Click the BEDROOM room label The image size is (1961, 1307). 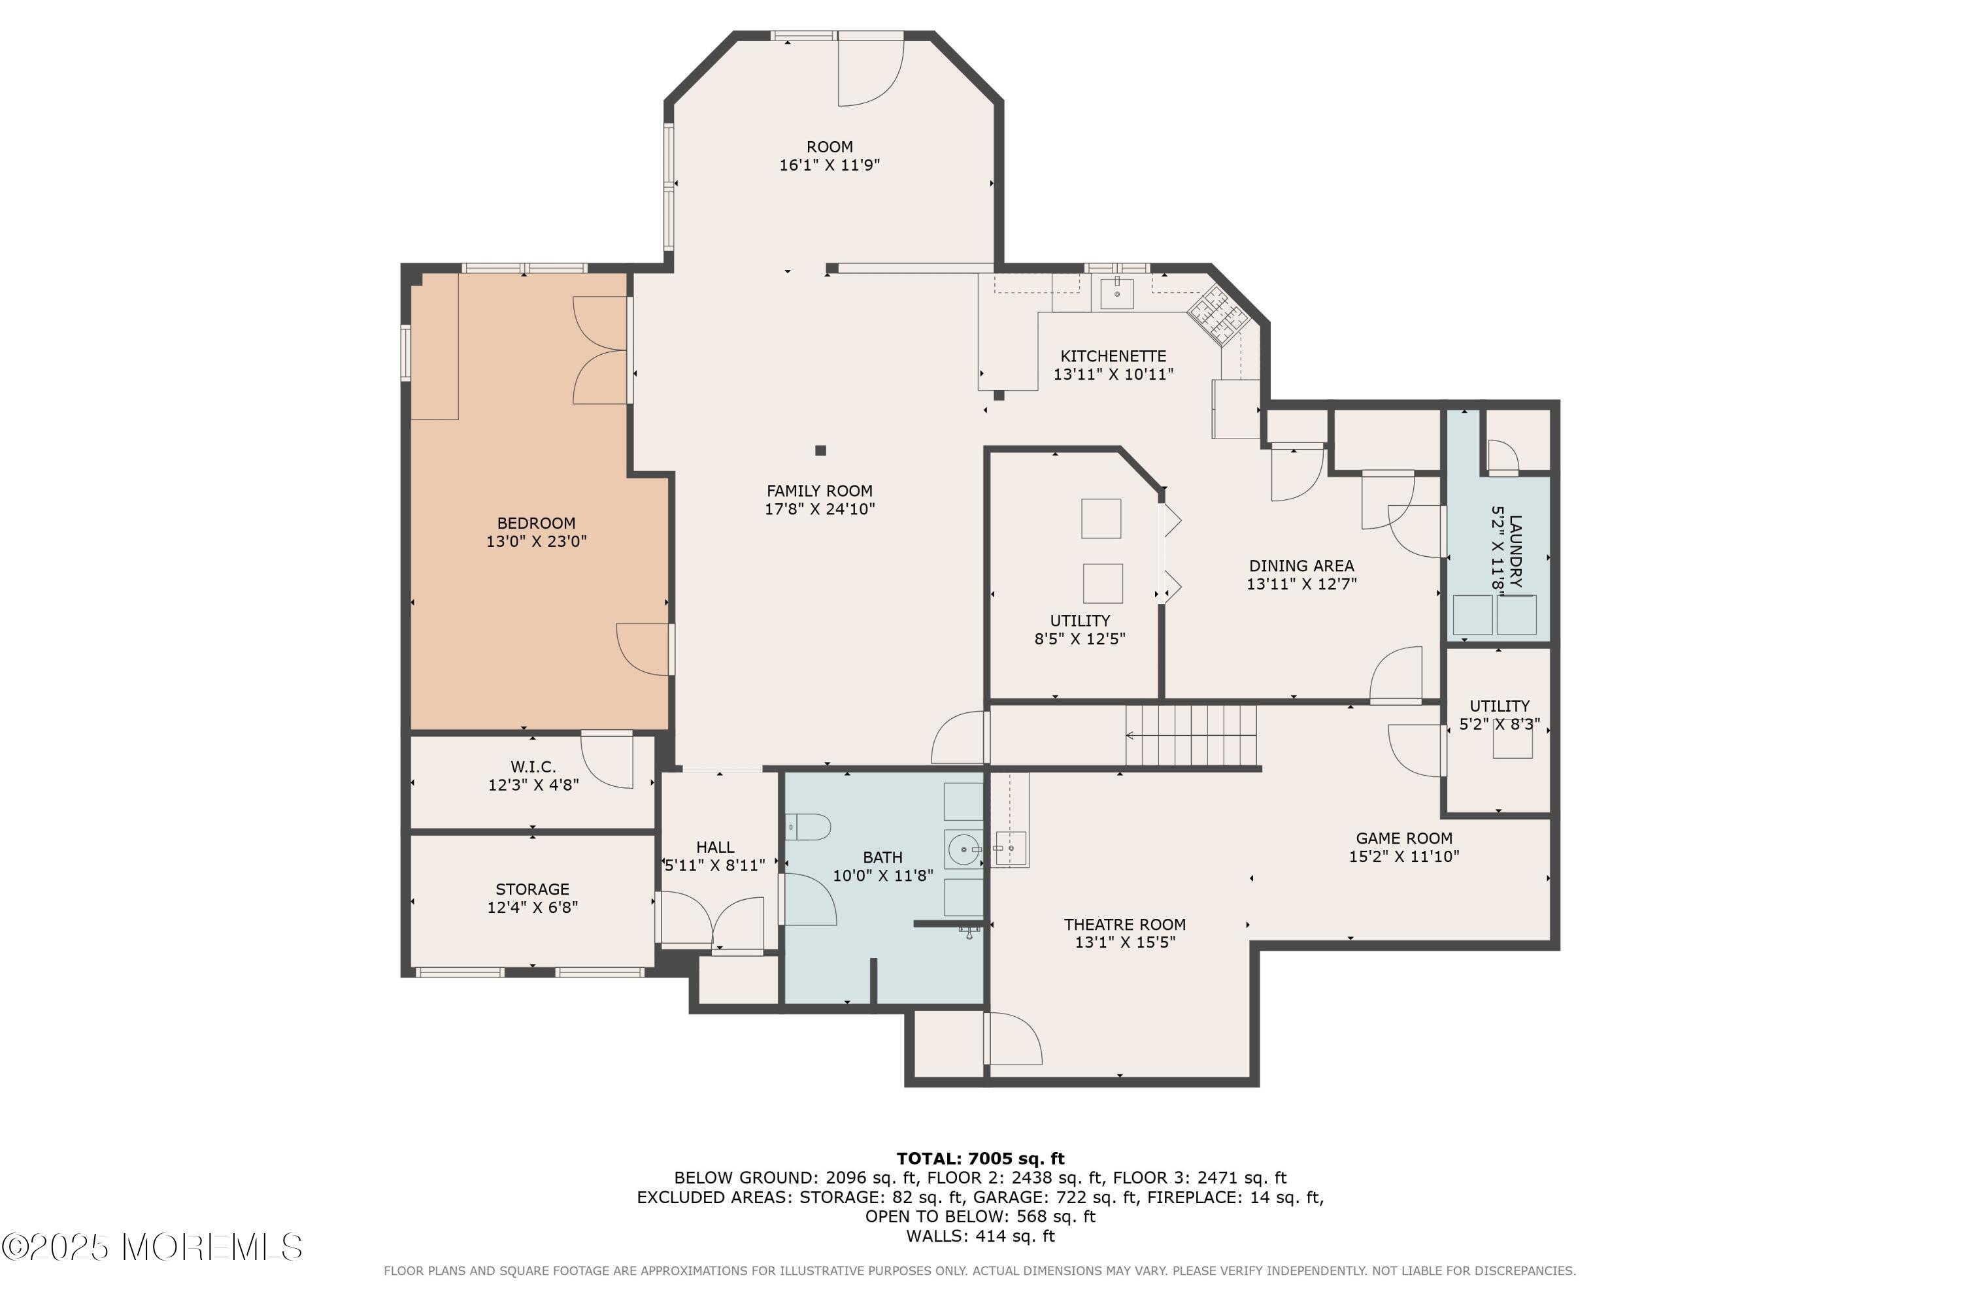pos(536,523)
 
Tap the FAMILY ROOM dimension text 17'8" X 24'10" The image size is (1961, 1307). pos(819,509)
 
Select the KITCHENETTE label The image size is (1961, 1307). pos(1113,356)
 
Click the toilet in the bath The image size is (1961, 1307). pos(809,827)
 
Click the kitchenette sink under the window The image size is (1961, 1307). pos(1116,293)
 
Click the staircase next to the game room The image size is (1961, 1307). pos(1190,735)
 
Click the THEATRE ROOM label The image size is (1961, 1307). pos(1124,925)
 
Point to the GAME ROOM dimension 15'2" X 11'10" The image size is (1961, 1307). pos(1403,856)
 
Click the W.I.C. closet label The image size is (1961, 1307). pos(533,766)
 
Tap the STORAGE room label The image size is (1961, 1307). pos(532,889)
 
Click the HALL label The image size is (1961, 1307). pos(714,847)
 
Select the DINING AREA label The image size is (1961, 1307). pos(1301,566)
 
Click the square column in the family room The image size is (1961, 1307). pos(820,450)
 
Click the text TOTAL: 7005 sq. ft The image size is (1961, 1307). pos(980,1158)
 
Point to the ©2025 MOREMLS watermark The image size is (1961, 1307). pos(152,1248)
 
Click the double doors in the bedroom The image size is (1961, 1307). pos(600,350)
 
